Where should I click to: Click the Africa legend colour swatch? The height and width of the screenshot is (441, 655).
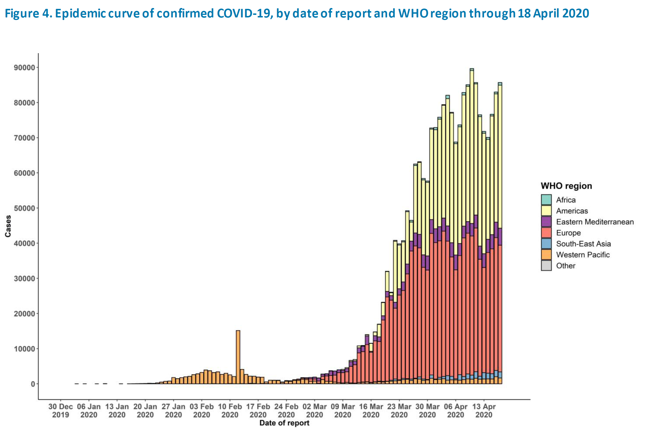pyautogui.click(x=546, y=200)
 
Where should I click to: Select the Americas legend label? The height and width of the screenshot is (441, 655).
pyautogui.click(x=572, y=211)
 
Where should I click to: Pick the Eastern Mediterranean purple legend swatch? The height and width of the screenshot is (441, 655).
pyautogui.click(x=546, y=222)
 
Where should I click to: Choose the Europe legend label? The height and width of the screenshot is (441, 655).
pyautogui.click(x=568, y=233)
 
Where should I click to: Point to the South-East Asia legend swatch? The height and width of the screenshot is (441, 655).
pyautogui.click(x=546, y=244)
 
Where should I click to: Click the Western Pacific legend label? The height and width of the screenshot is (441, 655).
pyautogui.click(x=583, y=255)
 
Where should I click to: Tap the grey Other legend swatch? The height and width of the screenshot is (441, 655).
pyautogui.click(x=546, y=266)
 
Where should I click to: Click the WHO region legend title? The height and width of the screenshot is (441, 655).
pyautogui.click(x=566, y=186)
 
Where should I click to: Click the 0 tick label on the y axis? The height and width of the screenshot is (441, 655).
pyautogui.click(x=33, y=384)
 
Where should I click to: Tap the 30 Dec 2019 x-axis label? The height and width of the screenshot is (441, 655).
pyautogui.click(x=61, y=411)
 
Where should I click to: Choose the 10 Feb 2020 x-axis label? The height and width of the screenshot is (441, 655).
pyautogui.click(x=230, y=411)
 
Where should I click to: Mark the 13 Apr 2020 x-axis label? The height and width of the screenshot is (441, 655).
pyautogui.click(x=484, y=411)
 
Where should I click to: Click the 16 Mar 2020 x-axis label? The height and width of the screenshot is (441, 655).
pyautogui.click(x=371, y=411)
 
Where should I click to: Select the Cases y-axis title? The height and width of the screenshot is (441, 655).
pyautogui.click(x=8, y=226)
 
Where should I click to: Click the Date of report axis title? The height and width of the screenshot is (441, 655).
pyautogui.click(x=284, y=423)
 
